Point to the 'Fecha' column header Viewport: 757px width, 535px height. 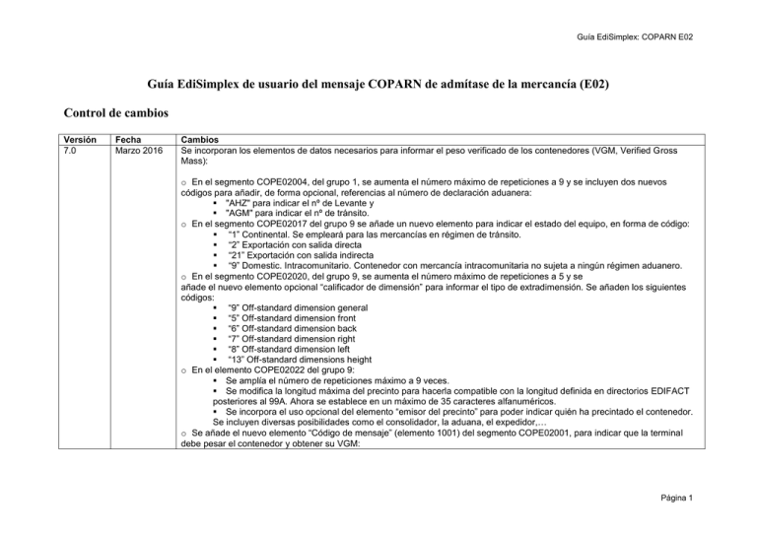(x=130, y=141)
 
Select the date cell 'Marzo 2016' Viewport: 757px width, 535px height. (x=141, y=152)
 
